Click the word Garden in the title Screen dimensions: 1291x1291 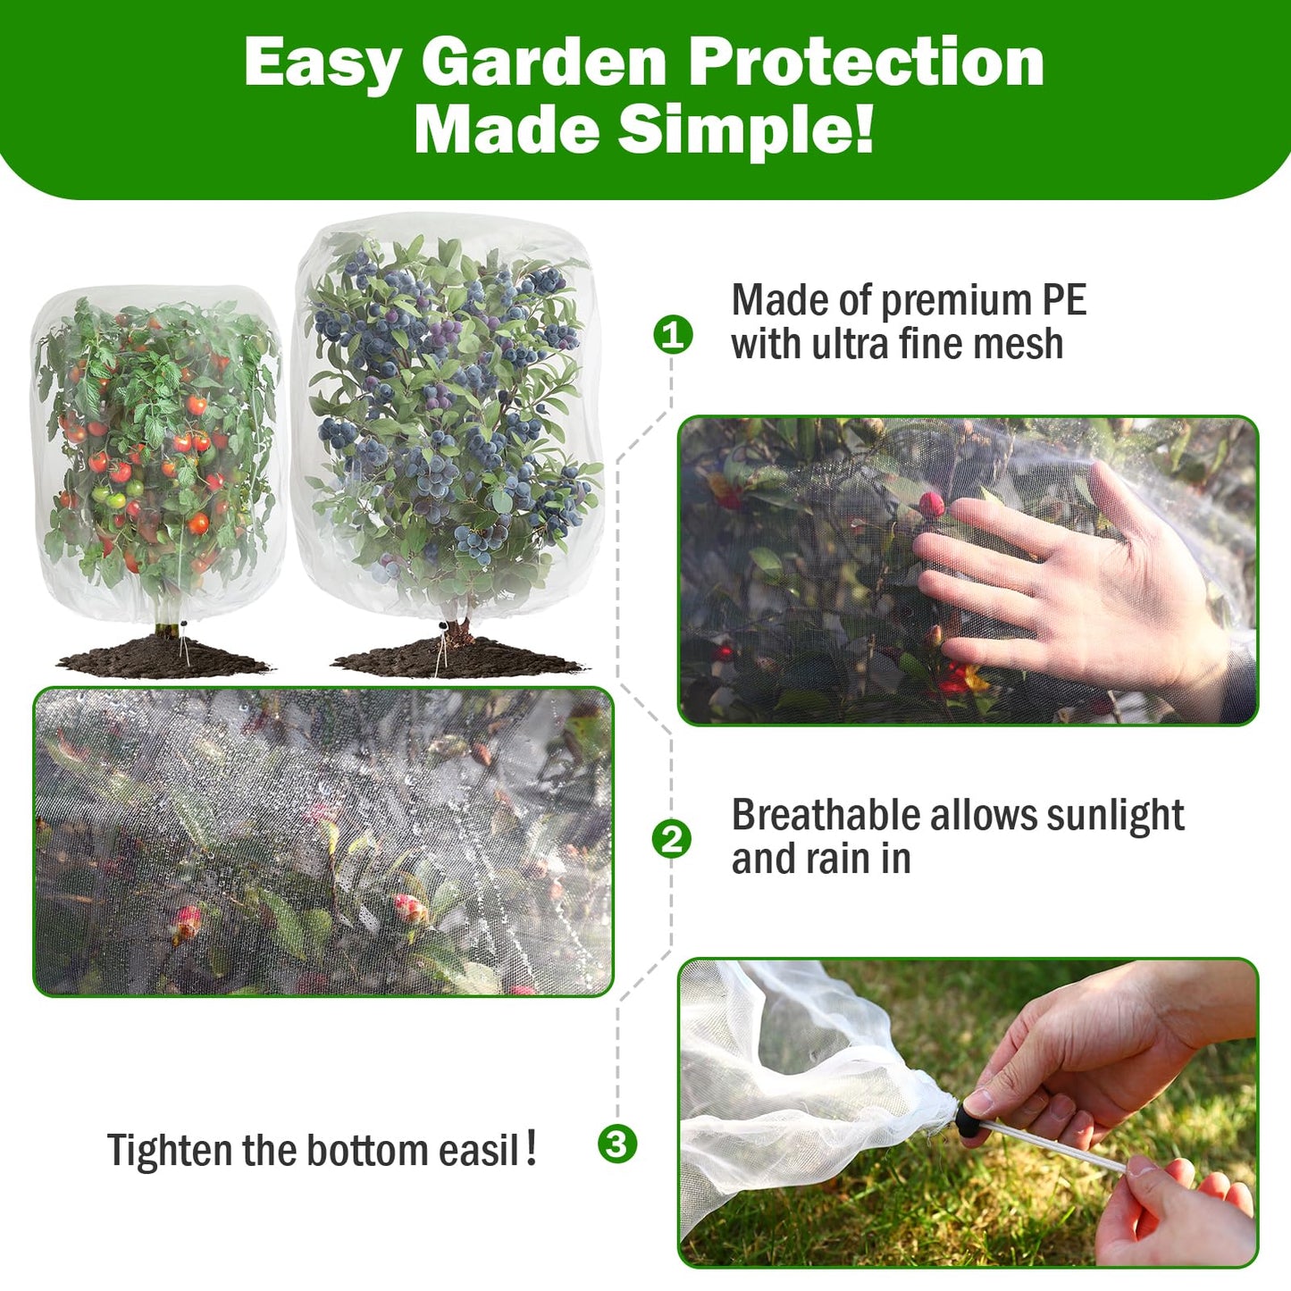point(544,63)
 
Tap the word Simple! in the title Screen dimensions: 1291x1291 point(745,130)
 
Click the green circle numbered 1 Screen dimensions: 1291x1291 point(673,335)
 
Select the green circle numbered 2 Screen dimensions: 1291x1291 point(671,839)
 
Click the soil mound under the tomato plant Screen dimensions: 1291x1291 point(166,658)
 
